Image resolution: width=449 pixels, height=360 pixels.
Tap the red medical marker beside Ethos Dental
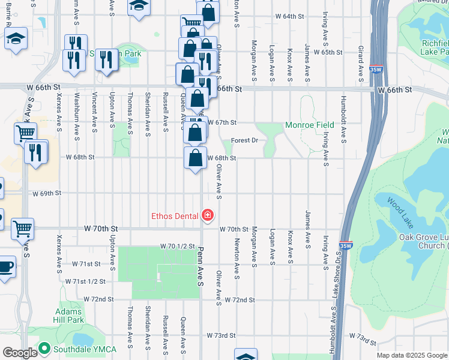[208, 215]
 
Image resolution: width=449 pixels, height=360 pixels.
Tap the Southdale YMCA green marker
[44, 348]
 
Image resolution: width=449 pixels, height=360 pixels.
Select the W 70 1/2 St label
[178, 246]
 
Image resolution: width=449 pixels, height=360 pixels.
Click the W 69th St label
[47, 194]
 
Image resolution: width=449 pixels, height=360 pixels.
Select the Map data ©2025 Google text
[412, 355]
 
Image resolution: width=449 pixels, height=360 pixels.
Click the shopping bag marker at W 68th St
[196, 159]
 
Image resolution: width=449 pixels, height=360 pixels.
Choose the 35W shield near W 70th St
[345, 245]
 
